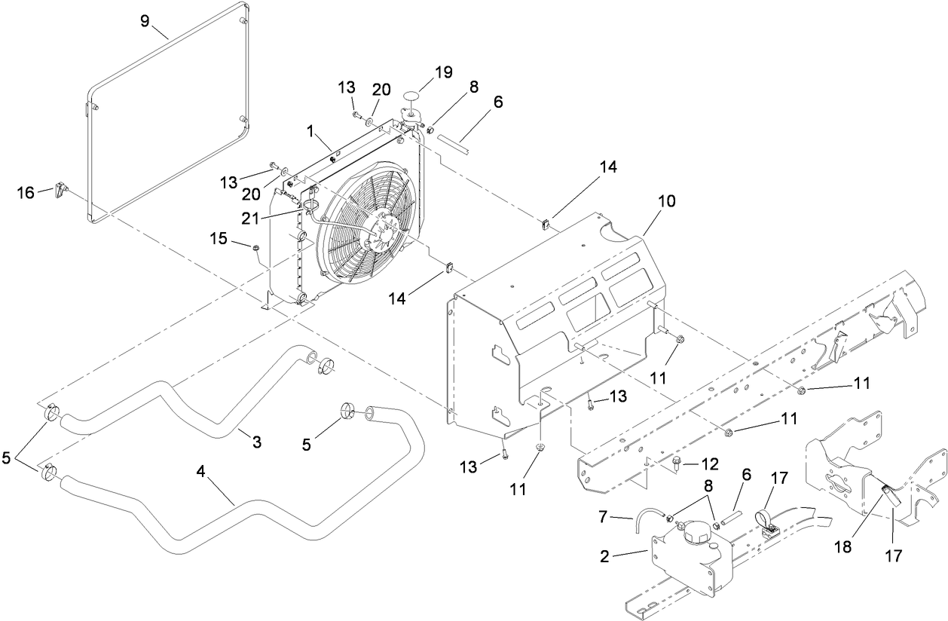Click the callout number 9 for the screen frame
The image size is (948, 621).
click(x=145, y=20)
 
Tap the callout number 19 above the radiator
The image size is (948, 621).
click(x=443, y=72)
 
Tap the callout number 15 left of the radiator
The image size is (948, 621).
click(x=218, y=239)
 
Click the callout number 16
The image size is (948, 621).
click(x=26, y=193)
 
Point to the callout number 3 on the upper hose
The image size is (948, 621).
click(x=256, y=442)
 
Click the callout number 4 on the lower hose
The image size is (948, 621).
click(x=200, y=471)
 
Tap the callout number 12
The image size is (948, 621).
click(x=709, y=462)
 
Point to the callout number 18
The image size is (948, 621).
click(x=842, y=546)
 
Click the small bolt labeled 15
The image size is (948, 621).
click(x=255, y=248)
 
